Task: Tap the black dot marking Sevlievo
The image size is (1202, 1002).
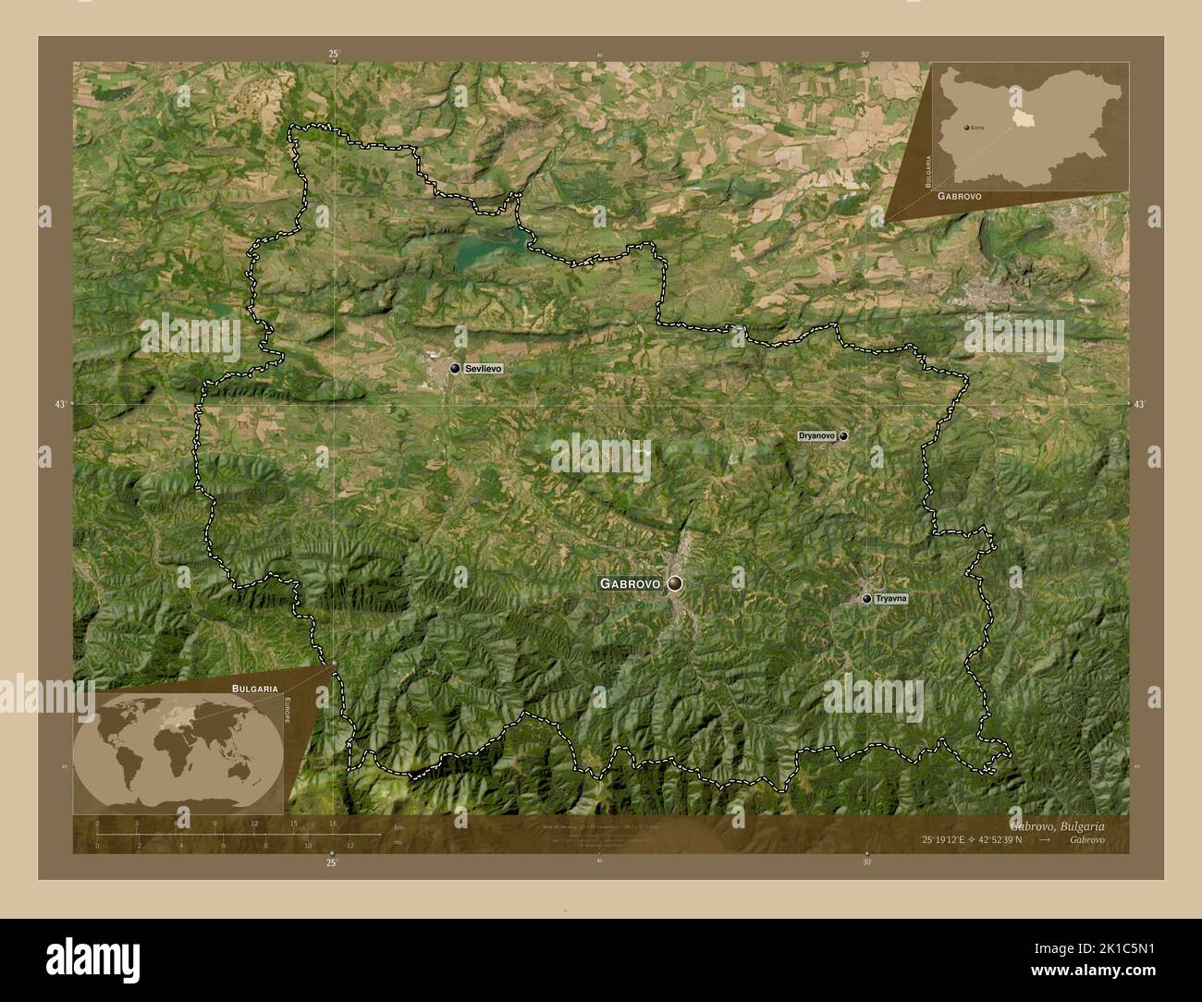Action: coord(455,369)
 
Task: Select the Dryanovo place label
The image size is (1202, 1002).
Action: coord(816,435)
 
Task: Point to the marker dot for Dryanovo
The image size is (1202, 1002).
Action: coord(843,435)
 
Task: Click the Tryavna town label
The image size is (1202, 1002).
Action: coord(891,599)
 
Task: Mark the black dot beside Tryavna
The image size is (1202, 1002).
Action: coord(866,599)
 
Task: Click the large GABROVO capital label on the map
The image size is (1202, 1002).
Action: coord(630,583)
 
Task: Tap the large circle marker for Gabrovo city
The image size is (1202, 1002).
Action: coord(676,583)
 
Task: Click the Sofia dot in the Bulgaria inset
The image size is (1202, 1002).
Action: coord(966,128)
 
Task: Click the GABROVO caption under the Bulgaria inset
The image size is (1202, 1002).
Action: coord(959,197)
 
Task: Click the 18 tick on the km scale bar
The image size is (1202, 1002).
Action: coord(332,824)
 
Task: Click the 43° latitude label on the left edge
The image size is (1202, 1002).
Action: coord(60,404)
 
